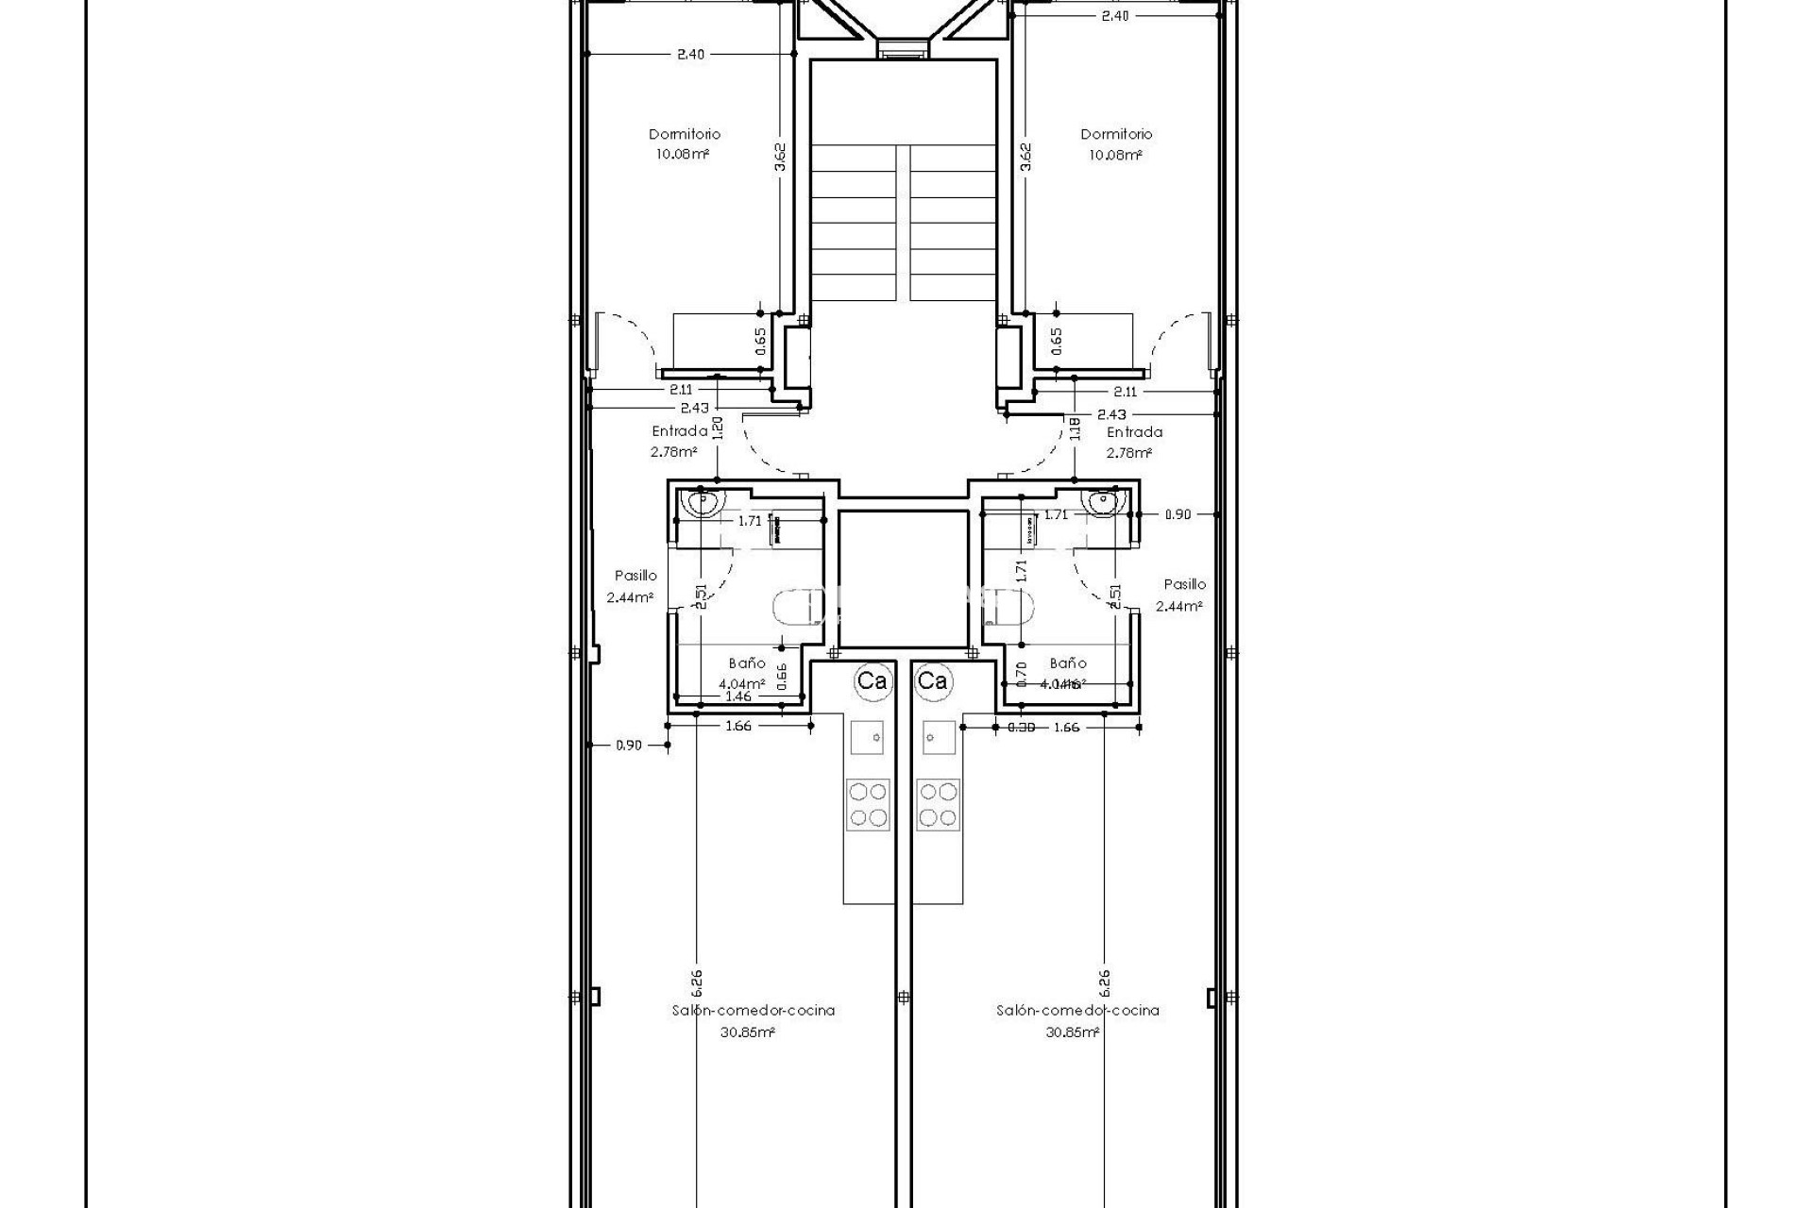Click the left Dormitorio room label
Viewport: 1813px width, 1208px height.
click(x=684, y=134)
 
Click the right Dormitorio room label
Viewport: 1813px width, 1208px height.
click(x=1116, y=134)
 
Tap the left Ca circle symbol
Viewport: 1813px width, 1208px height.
click(x=871, y=680)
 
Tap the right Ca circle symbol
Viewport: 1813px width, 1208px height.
click(x=932, y=680)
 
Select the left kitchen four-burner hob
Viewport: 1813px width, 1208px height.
click(x=867, y=804)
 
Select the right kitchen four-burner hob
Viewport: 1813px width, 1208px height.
click(x=938, y=804)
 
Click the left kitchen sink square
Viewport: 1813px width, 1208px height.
click(x=867, y=736)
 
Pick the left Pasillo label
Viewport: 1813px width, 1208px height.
click(x=635, y=575)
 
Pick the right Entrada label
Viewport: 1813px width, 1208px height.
click(x=1134, y=432)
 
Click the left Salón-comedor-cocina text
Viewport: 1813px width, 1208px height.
click(x=753, y=1010)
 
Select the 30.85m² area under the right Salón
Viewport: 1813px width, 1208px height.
click(x=1072, y=1032)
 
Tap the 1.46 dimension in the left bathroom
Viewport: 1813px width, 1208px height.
click(x=737, y=696)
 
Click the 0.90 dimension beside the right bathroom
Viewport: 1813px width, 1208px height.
click(x=1178, y=514)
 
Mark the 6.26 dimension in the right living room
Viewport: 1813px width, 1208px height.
click(x=1104, y=982)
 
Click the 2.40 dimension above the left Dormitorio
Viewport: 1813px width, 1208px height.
click(x=690, y=54)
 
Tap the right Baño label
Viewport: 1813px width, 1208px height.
click(x=1067, y=663)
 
